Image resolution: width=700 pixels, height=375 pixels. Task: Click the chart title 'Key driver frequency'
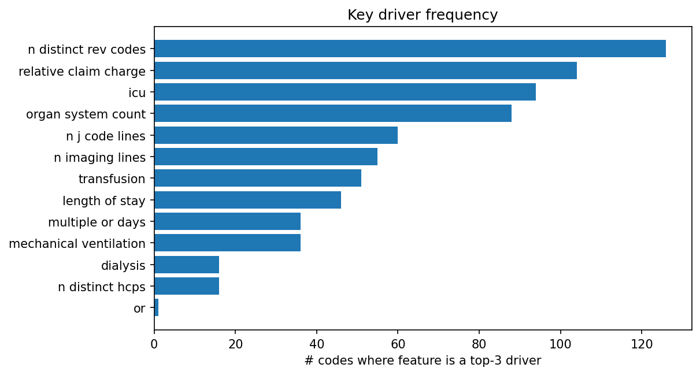click(x=422, y=15)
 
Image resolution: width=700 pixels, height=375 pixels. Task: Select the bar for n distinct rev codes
click(x=410, y=49)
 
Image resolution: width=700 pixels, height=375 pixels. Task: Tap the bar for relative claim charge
click(x=365, y=70)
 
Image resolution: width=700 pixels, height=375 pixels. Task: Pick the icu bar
click(x=345, y=92)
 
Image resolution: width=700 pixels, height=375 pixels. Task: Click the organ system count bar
click(x=333, y=113)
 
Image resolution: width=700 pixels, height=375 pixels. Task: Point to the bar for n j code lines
click(x=276, y=135)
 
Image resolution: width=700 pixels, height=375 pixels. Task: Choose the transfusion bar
click(x=258, y=178)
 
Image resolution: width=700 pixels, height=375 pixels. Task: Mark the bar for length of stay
click(x=247, y=200)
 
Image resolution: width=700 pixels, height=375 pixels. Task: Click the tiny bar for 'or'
click(x=157, y=307)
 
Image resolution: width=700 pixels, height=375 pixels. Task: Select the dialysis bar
click(x=187, y=265)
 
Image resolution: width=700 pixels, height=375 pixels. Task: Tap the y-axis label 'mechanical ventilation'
click(x=77, y=244)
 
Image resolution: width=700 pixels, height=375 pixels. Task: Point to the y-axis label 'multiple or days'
click(x=97, y=222)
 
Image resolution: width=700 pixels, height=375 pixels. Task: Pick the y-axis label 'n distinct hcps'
click(x=102, y=287)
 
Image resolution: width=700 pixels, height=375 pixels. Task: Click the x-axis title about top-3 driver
click(x=422, y=361)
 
